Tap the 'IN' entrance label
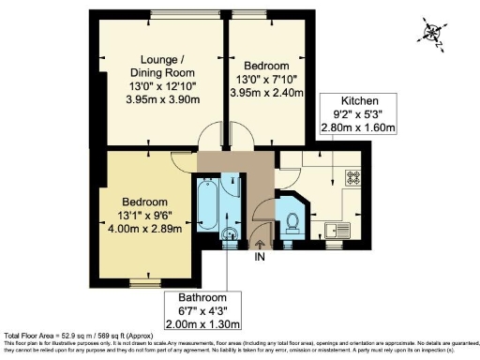(x=260, y=257)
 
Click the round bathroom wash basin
(x=228, y=234)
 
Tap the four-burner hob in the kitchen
(x=354, y=175)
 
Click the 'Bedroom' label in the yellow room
(x=144, y=202)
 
